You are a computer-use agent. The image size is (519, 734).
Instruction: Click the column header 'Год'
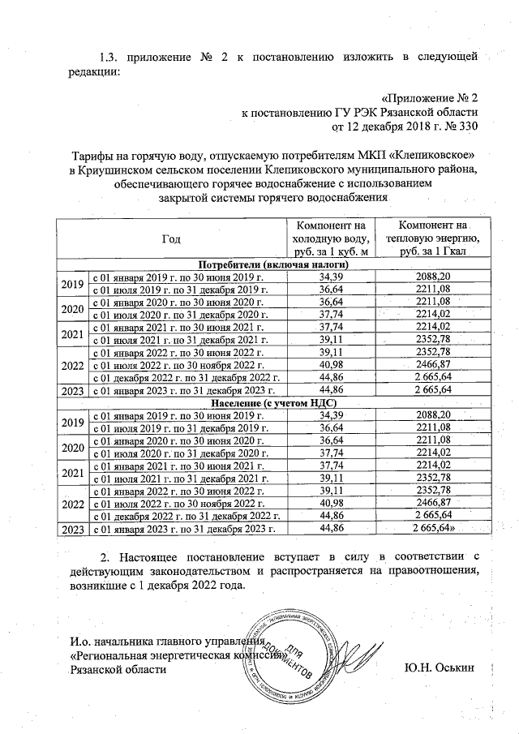click(x=171, y=238)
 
